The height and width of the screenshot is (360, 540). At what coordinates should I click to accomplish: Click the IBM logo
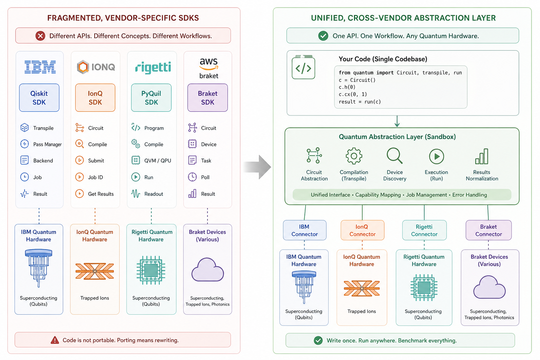point(40,67)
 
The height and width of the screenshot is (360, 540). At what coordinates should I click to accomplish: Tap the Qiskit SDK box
point(39,98)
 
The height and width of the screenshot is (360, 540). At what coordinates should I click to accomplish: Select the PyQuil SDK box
point(152,98)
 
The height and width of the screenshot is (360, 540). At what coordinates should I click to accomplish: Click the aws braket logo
point(208,69)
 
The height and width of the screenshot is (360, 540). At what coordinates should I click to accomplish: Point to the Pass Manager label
point(47,144)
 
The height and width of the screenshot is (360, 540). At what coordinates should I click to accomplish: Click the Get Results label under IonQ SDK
point(101,194)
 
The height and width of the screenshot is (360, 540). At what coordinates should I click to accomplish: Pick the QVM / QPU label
point(157,161)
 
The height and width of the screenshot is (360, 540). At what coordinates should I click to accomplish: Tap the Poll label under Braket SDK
point(205,177)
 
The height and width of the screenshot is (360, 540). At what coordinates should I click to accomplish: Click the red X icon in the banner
point(40,36)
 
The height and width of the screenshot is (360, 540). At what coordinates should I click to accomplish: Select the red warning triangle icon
point(55,340)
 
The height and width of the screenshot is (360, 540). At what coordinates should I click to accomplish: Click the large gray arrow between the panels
point(257,167)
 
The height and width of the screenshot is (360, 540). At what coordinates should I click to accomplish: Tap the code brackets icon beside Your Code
point(303,68)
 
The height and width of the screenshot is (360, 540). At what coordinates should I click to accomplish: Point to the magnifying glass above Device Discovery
point(395,156)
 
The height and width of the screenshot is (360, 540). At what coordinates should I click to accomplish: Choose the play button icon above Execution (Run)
point(437,156)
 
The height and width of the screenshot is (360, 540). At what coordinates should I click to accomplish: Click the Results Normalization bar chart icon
point(482,156)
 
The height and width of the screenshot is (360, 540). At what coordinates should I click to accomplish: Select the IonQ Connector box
point(362,230)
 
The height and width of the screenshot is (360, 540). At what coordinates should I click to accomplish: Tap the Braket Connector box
point(488,230)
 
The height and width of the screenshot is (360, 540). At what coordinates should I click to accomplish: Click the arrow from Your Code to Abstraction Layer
point(397,121)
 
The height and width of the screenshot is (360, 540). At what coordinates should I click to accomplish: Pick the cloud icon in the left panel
point(207,270)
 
